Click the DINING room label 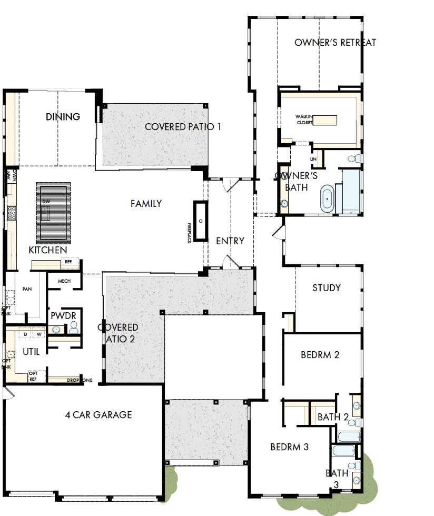click(63, 116)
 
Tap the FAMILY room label click(146, 203)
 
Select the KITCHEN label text click(47, 250)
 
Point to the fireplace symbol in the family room click(200, 221)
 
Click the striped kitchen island click(52, 211)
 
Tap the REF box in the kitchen click(68, 262)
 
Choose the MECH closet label click(64, 281)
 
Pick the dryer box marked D click(25, 334)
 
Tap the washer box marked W click(38, 334)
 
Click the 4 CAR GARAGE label click(98, 415)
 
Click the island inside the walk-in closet click(324, 120)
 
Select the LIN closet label click(314, 158)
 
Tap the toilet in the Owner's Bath click(354, 158)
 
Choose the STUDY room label click(327, 287)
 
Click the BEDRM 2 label click(320, 354)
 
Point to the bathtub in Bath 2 click(349, 436)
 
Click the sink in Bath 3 click(357, 480)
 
